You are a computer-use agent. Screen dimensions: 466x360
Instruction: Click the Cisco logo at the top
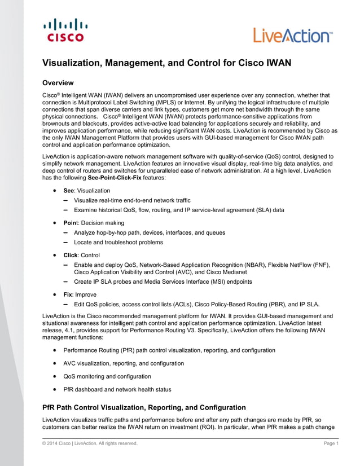(x=65, y=30)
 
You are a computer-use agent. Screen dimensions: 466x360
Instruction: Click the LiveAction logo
(x=293, y=36)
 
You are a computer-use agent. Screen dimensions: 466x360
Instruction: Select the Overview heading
(x=62, y=83)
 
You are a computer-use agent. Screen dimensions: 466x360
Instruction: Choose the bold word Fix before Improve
(x=68, y=294)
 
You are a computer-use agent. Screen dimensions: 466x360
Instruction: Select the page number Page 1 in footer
(x=331, y=444)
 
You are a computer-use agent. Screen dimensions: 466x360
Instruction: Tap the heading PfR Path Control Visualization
(x=144, y=407)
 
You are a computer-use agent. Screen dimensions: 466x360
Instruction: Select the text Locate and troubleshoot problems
(x=118, y=242)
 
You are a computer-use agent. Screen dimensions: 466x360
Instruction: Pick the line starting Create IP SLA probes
(x=163, y=282)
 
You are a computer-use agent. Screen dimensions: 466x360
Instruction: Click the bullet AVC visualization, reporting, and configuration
(x=124, y=363)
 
